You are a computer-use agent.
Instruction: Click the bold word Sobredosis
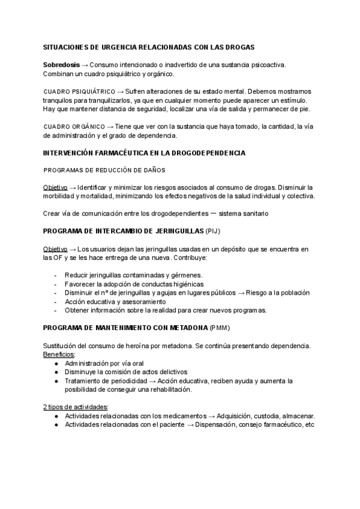61,64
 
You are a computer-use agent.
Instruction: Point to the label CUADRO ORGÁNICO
72,127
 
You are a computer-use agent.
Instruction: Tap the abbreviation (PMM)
220,329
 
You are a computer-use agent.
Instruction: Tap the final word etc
310,424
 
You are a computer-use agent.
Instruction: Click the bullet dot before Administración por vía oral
55,364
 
